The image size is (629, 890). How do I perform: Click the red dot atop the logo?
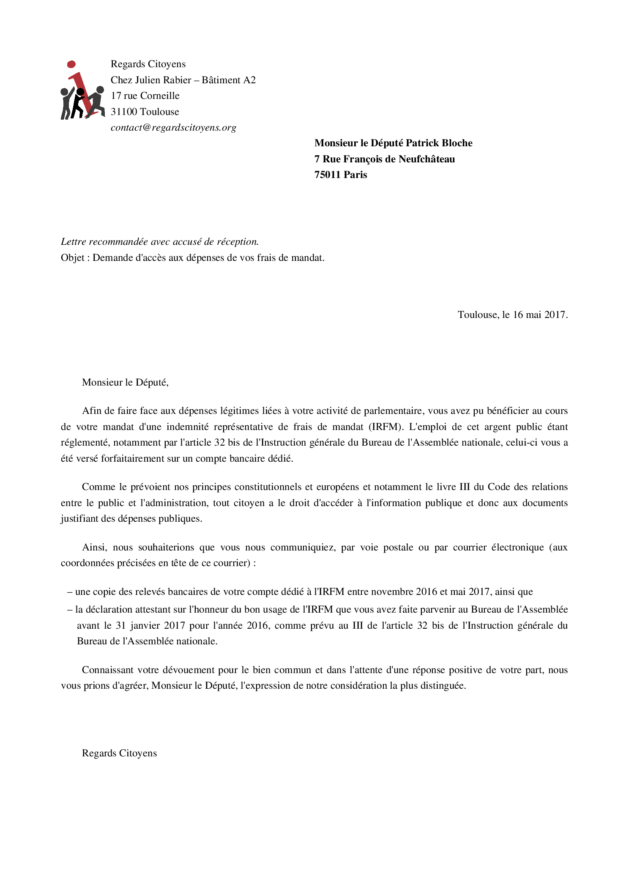coord(71,64)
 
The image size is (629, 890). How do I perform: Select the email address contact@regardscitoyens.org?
coord(173,128)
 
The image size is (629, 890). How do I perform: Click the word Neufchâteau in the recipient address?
coord(427,159)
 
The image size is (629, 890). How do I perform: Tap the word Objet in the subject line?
coord(72,258)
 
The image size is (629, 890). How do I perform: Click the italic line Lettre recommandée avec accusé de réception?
coord(160,242)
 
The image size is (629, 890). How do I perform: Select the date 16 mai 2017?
coord(539,315)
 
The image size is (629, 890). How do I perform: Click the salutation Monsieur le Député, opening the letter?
coord(125,383)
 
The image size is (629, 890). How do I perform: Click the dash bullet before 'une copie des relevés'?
coord(70,592)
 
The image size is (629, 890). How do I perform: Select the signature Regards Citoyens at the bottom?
coord(119,753)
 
